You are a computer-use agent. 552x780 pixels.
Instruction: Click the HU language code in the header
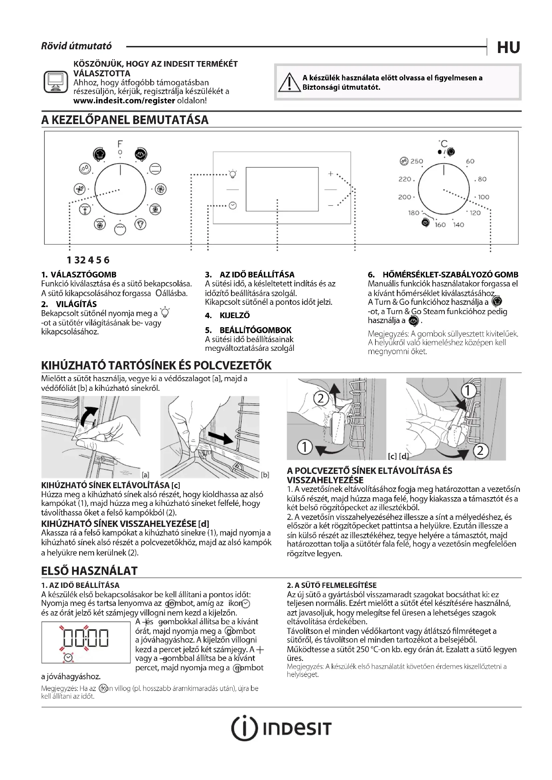tap(508, 47)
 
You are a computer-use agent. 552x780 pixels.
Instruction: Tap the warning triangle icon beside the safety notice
tap(289, 83)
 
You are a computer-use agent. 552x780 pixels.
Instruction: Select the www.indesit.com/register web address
tap(124, 101)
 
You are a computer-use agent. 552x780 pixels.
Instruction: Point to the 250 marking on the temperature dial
tap(417, 161)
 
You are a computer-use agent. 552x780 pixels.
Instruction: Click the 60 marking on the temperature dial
tap(470, 161)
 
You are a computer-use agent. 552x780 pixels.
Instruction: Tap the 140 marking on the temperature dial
tap(459, 224)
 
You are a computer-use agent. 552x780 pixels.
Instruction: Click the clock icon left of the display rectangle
tap(233, 205)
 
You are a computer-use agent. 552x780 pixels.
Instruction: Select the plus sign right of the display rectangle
tap(330, 174)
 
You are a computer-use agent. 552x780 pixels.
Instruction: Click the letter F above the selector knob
tap(120, 144)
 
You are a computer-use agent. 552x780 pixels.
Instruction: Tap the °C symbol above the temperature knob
tap(443, 144)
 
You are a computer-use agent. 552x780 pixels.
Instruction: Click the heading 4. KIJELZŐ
tap(227, 315)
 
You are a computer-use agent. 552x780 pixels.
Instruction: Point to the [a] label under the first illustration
tap(146, 475)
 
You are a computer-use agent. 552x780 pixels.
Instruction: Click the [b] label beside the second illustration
tap(265, 475)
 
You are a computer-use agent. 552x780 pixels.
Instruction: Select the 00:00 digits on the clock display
tap(86, 637)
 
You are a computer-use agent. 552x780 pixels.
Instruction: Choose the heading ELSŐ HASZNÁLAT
tap(89, 571)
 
